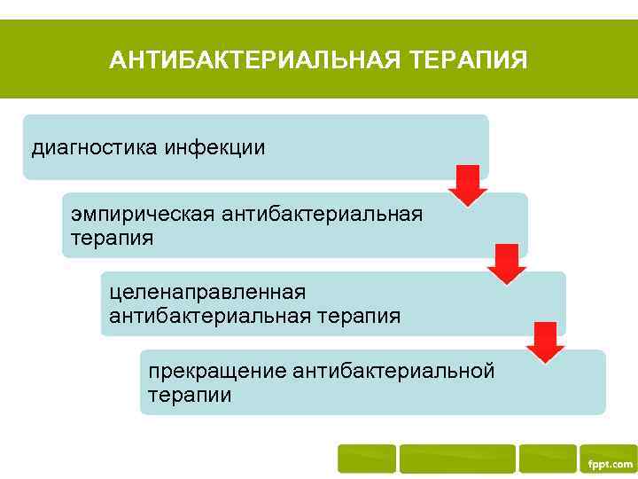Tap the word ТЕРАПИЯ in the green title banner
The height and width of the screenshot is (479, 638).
tap(469, 60)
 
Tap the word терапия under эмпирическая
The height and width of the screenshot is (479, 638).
tap(112, 238)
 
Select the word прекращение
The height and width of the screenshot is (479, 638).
tap(217, 371)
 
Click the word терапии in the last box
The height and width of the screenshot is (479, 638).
tap(190, 395)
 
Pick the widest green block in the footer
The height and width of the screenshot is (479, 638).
tap(456, 459)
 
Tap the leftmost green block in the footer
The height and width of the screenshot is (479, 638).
tap(367, 459)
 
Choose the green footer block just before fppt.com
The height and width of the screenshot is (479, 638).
tap(547, 459)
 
